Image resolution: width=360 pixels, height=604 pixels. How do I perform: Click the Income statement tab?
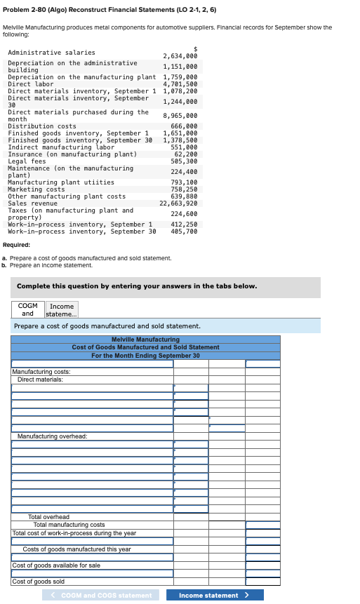[61, 309]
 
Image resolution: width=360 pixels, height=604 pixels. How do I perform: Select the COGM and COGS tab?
[28, 309]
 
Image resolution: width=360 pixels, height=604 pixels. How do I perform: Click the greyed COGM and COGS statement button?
[102, 596]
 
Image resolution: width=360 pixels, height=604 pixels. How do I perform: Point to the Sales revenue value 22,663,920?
[178, 203]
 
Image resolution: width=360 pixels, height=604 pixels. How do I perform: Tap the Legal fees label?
[27, 161]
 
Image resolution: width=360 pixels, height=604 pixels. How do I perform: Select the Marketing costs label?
[36, 189]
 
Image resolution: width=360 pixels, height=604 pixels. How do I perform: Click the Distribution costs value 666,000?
[184, 126]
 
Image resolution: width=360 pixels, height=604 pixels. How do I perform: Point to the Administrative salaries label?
[51, 53]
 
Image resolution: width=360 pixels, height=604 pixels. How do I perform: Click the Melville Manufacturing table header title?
[145, 340]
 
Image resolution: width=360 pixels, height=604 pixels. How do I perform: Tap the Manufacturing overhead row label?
[52, 436]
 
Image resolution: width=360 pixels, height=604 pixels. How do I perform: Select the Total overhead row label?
[48, 517]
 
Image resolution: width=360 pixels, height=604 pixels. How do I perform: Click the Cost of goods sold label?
[39, 582]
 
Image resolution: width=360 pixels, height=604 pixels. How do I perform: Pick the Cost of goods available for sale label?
[56, 565]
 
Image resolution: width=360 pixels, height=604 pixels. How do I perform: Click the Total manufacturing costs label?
[69, 525]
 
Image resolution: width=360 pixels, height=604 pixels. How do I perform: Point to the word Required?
[16, 246]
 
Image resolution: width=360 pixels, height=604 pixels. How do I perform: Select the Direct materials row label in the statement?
[40, 380]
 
